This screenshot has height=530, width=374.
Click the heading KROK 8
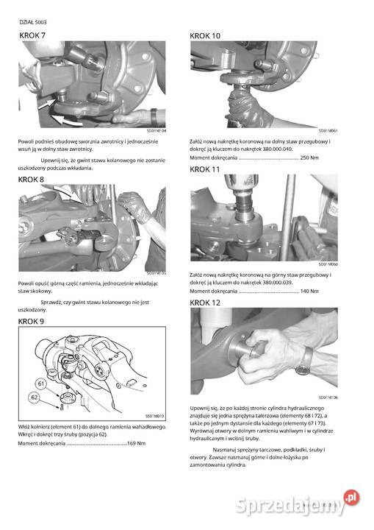tap(32, 179)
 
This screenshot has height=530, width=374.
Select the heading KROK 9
tap(32, 322)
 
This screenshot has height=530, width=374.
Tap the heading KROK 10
tap(205, 35)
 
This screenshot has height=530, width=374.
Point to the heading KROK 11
tap(205, 169)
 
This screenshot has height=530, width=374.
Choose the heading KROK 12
tap(205, 303)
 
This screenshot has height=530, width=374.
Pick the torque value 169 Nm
tap(137, 443)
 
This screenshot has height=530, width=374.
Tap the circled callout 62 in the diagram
tap(34, 397)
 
